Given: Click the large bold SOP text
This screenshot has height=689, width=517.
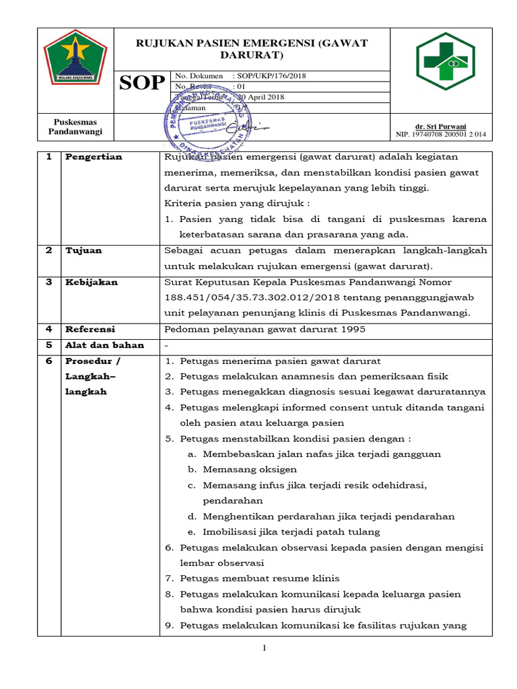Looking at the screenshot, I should (x=142, y=83).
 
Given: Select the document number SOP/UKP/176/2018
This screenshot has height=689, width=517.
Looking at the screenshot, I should (x=269, y=76).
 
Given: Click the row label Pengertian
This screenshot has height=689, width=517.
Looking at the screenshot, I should (x=94, y=157).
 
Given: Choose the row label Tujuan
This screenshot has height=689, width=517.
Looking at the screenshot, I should (x=83, y=250).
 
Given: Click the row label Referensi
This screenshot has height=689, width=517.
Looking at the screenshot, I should (x=90, y=329).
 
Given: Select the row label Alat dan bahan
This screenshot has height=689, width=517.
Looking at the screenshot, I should (x=104, y=345).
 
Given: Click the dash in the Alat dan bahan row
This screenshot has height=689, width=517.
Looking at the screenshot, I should (x=167, y=345).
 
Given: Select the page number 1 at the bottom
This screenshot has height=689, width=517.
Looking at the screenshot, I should (x=265, y=649).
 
